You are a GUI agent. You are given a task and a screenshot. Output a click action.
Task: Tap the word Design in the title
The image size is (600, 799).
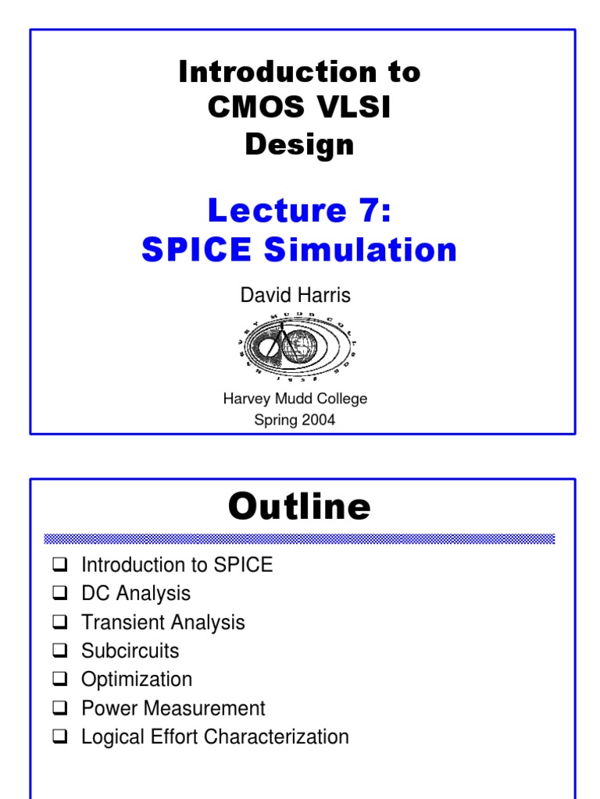[299, 144]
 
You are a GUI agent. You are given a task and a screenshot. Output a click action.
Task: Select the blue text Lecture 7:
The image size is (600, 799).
[299, 211]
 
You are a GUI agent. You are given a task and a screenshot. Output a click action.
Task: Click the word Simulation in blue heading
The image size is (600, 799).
[360, 250]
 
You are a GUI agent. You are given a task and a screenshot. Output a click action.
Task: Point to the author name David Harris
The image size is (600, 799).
[295, 296]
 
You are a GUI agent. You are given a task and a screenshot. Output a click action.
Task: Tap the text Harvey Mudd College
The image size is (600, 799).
[295, 399]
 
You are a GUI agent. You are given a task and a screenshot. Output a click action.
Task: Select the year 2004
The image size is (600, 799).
[316, 420]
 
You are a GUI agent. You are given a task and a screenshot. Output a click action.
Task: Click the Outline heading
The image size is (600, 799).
[299, 507]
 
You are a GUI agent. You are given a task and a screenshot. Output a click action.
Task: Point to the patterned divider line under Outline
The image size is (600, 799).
[299, 538]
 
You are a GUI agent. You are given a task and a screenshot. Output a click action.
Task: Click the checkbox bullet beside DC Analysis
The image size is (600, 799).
[62, 593]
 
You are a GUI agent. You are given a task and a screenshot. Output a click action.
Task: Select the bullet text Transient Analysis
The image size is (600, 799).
[162, 622]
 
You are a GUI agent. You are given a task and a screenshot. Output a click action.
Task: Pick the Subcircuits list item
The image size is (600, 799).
[130, 651]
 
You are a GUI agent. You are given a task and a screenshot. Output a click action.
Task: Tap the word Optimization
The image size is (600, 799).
[136, 680]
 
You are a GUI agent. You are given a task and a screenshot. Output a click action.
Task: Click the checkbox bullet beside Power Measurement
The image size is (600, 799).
[62, 708]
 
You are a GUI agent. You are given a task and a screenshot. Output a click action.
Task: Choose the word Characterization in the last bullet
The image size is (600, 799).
[287, 737]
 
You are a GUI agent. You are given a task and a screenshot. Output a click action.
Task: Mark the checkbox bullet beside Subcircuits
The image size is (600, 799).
[62, 651]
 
